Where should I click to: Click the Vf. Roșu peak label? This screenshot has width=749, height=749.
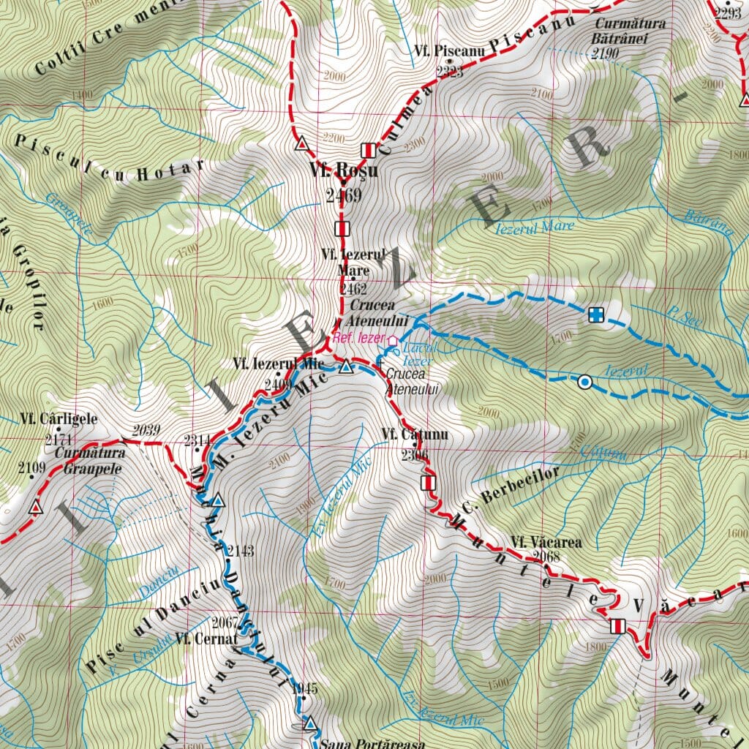(344, 171)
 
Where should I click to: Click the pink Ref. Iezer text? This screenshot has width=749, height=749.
(358, 338)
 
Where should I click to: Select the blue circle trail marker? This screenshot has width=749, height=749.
(584, 381)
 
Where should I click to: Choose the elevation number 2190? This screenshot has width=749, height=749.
(606, 54)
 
